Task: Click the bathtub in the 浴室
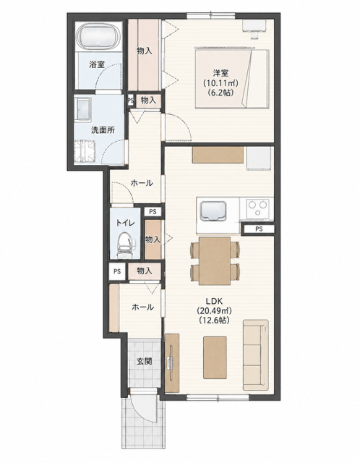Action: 99,36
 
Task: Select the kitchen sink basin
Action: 213,211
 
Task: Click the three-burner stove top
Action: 257,208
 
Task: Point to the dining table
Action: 215,260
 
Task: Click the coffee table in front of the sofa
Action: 215,357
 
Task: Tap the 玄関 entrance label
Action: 145,361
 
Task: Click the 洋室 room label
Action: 220,72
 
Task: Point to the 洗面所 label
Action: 103,130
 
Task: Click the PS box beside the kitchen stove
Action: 259,229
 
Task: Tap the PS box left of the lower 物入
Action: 117,271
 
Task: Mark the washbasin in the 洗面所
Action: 83,109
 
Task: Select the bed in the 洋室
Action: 231,79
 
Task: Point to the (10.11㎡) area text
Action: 220,82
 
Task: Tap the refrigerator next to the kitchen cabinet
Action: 259,158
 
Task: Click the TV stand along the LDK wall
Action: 172,363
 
